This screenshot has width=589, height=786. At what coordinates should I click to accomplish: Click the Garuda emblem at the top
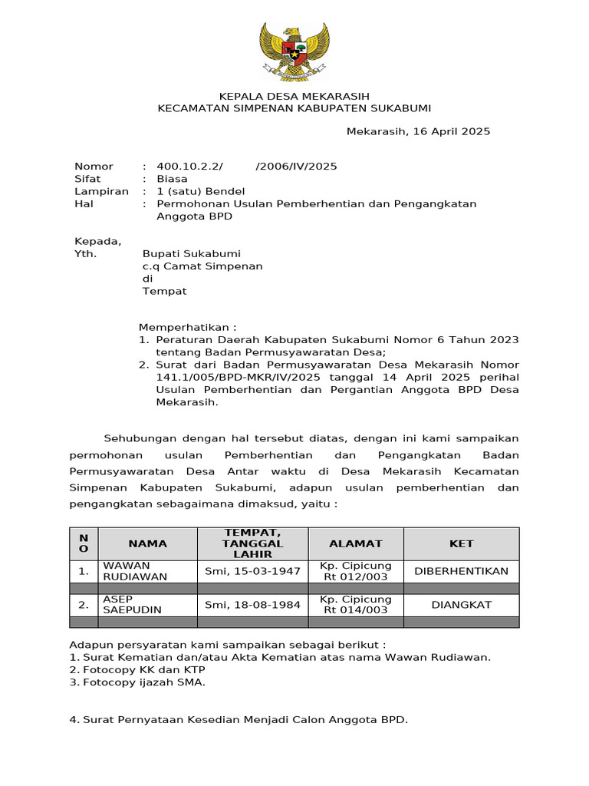click(294, 51)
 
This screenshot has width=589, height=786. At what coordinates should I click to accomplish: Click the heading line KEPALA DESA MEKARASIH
click(294, 96)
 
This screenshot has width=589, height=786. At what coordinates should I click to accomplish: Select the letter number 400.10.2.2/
click(189, 167)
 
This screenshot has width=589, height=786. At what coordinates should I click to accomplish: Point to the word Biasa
click(172, 179)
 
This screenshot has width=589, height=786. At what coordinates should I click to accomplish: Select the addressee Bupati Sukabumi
click(192, 254)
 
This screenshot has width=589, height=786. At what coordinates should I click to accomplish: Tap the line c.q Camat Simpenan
click(202, 266)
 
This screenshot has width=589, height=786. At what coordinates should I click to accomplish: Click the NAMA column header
click(147, 543)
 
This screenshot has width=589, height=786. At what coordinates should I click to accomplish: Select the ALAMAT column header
click(355, 543)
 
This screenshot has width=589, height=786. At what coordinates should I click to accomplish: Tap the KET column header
click(461, 543)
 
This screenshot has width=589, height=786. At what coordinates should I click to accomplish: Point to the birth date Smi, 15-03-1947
click(252, 571)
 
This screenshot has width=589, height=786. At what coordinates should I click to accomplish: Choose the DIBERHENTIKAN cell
click(461, 571)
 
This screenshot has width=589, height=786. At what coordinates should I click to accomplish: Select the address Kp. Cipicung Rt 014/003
click(355, 605)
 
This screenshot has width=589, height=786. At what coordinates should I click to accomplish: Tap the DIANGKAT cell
click(461, 605)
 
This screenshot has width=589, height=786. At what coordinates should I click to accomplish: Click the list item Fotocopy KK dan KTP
click(134, 669)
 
